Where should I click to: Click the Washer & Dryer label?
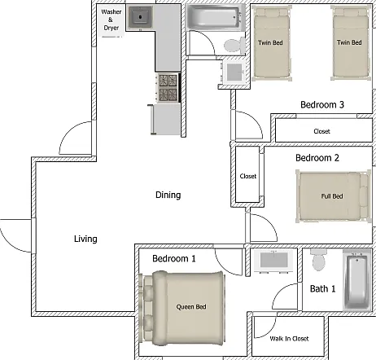[111, 20]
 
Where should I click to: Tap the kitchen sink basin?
[140, 17]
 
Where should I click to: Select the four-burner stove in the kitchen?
[168, 88]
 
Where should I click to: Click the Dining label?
[168, 195]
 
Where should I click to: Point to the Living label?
[85, 239]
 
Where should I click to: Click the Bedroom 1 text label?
[174, 258]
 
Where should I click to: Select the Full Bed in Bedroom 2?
[334, 196]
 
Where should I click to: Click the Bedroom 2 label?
[317, 158]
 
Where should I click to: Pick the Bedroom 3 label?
[322, 104]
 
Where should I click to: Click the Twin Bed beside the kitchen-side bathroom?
[272, 43]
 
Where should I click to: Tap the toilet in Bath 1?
[318, 260]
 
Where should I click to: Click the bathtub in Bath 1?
[356, 279]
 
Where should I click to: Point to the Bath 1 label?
[322, 288]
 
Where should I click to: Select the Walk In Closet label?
[289, 339]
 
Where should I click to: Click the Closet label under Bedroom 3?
[321, 131]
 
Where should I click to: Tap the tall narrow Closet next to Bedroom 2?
[247, 175]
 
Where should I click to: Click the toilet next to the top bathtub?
[235, 46]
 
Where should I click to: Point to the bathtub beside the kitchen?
[214, 16]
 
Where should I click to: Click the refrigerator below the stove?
[164, 120]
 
